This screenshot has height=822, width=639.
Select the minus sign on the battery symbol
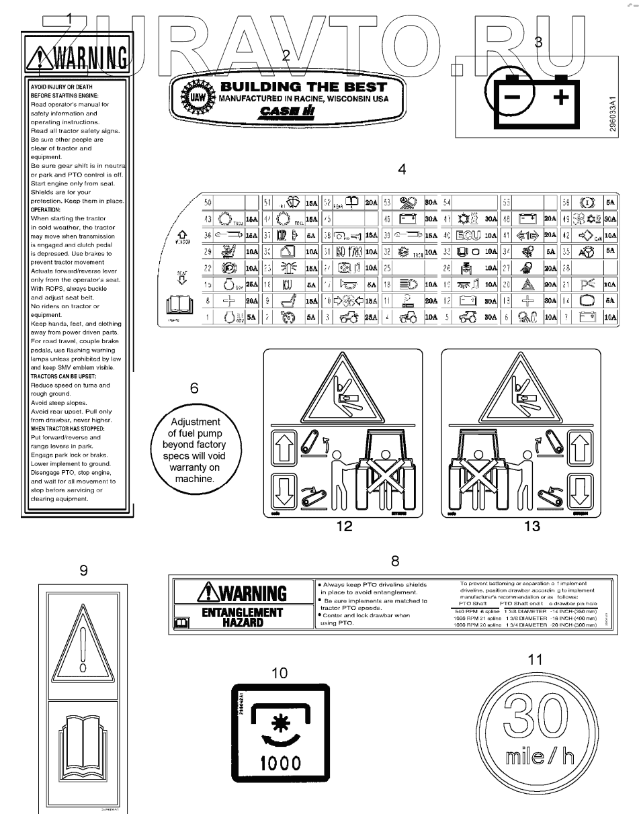[x=513, y=100]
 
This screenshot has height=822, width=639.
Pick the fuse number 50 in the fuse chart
[x=208, y=201]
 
